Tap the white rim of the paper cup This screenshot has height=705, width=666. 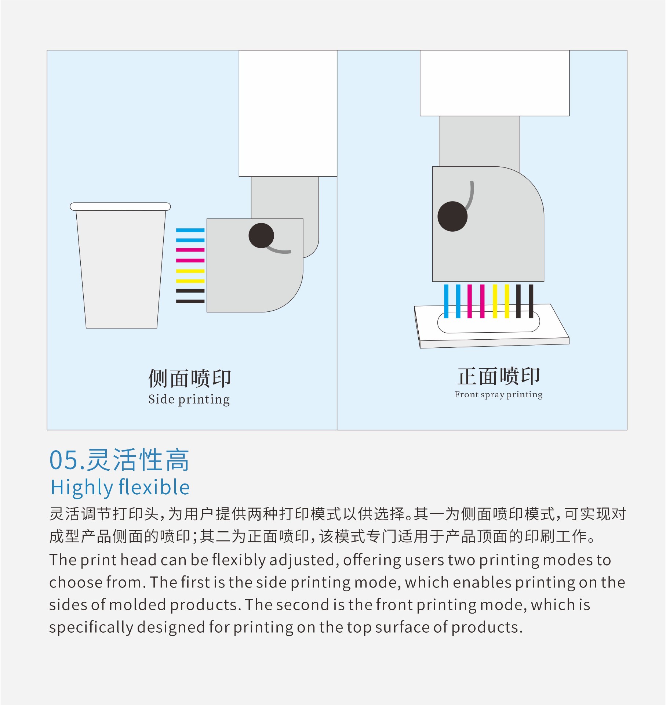point(120,206)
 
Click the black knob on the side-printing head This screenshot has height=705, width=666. point(261,235)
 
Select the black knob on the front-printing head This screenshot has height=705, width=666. point(452,216)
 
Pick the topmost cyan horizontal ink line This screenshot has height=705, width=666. point(190,230)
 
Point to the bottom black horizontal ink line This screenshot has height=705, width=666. point(190,301)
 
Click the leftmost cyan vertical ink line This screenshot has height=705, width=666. point(446,301)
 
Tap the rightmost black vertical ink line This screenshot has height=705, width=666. point(531,301)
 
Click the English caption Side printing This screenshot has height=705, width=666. point(189,399)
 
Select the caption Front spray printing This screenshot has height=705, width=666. point(498,395)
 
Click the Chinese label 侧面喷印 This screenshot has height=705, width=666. point(189,379)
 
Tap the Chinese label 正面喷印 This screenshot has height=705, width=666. point(498,376)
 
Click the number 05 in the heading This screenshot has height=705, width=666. point(63,460)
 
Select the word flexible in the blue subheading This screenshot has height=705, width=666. point(154,488)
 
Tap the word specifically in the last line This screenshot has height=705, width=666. point(91,628)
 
